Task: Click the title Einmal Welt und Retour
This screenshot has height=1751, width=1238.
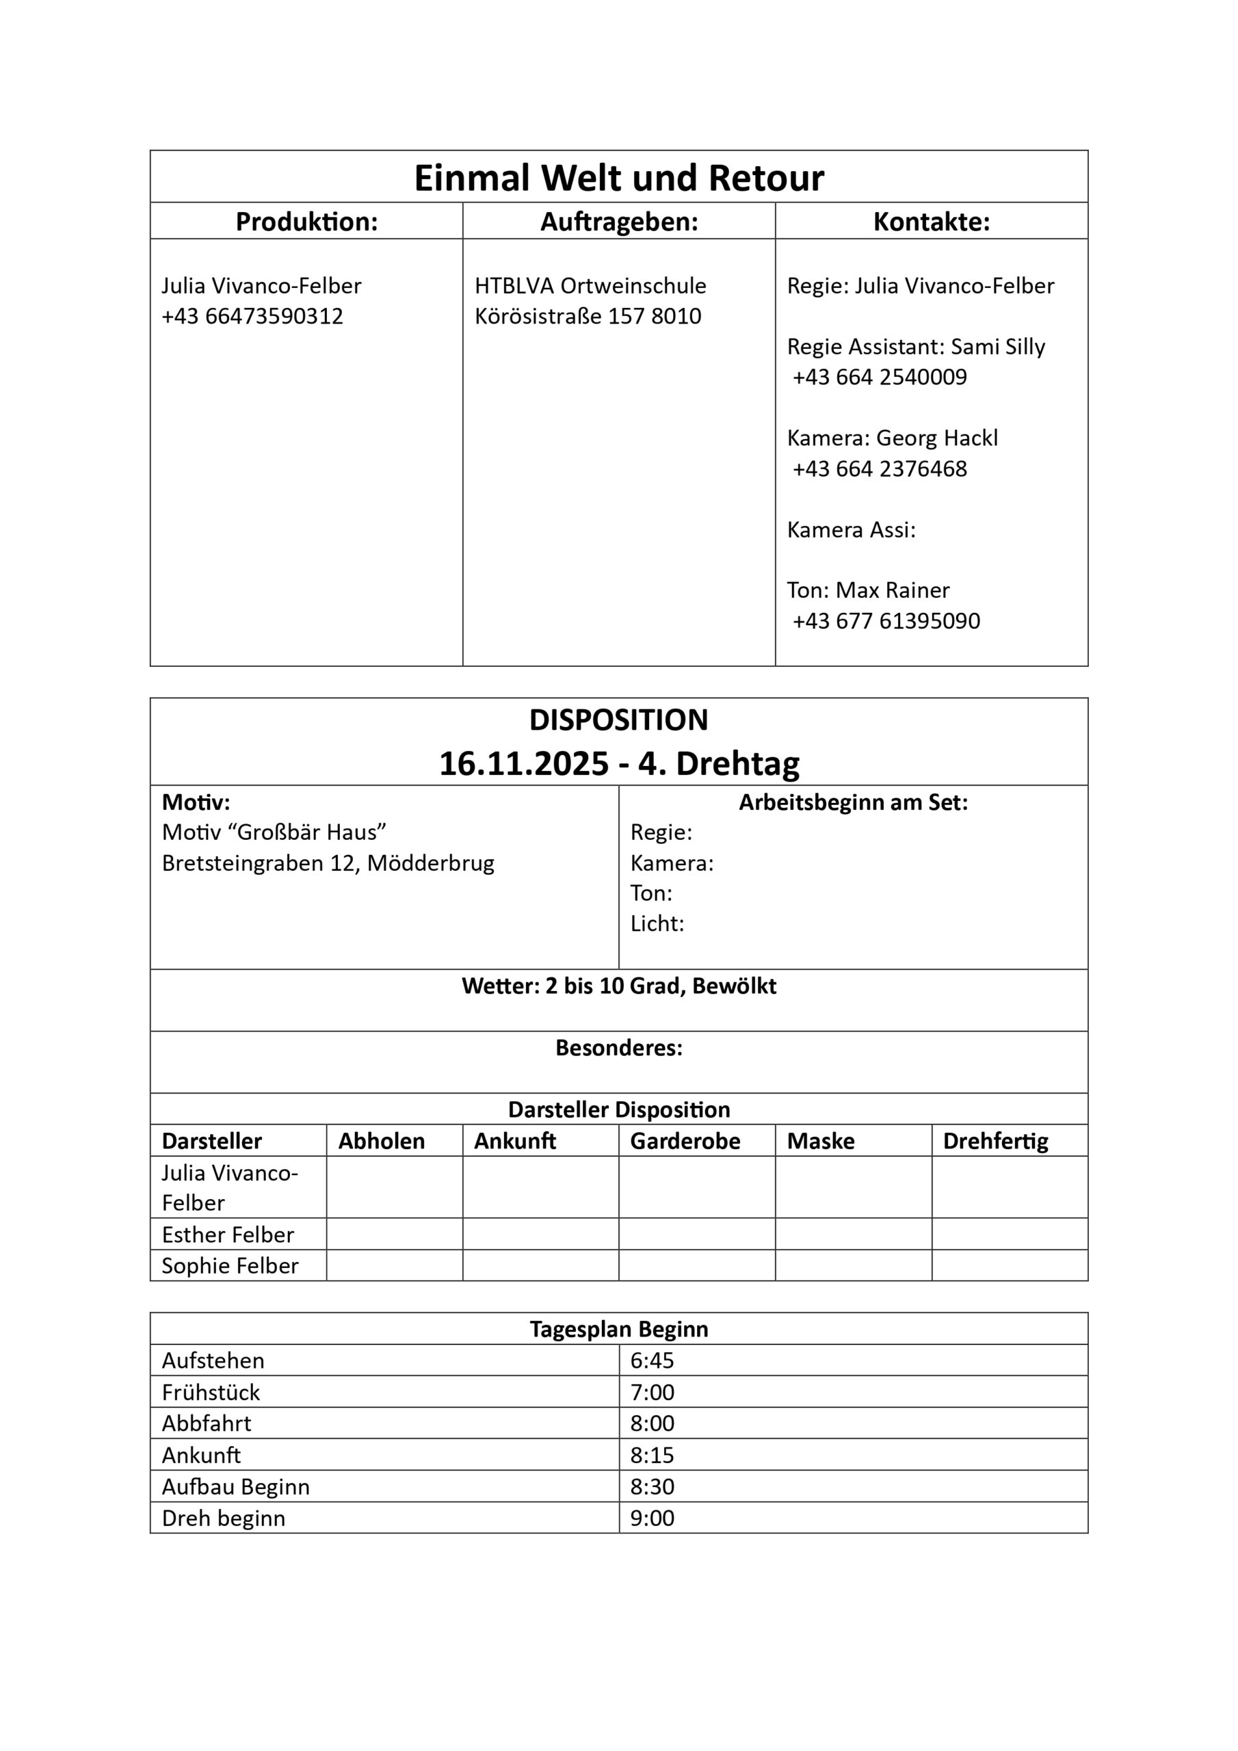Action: click(x=618, y=178)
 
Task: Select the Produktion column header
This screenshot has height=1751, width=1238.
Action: click(x=306, y=222)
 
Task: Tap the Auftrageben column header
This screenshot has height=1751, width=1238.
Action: click(x=618, y=222)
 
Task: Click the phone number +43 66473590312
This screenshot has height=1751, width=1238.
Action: click(x=252, y=317)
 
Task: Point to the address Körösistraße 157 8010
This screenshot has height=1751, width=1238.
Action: click(x=588, y=317)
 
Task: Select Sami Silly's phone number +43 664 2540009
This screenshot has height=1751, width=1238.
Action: click(x=880, y=378)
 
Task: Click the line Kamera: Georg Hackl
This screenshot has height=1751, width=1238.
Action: click(x=892, y=438)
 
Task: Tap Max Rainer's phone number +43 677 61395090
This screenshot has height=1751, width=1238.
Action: click(x=886, y=622)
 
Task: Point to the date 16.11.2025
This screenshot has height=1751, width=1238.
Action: click(x=524, y=763)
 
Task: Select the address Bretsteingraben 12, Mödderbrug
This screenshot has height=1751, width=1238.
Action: click(x=328, y=863)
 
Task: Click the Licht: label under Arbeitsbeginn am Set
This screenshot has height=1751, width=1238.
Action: click(x=657, y=924)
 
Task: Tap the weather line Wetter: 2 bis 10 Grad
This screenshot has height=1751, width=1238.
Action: click(x=618, y=986)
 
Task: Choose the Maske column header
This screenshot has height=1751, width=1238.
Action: click(x=821, y=1141)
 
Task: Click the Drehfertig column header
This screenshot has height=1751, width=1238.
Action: click(x=995, y=1141)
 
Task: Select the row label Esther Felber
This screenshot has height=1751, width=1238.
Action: click(x=228, y=1235)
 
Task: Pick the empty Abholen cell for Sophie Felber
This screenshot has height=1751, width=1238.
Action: click(x=395, y=1266)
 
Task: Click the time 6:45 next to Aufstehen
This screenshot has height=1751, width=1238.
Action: click(x=653, y=1360)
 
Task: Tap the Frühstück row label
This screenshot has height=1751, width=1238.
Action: click(x=211, y=1393)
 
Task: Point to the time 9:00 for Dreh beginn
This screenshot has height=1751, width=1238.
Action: click(x=653, y=1518)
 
